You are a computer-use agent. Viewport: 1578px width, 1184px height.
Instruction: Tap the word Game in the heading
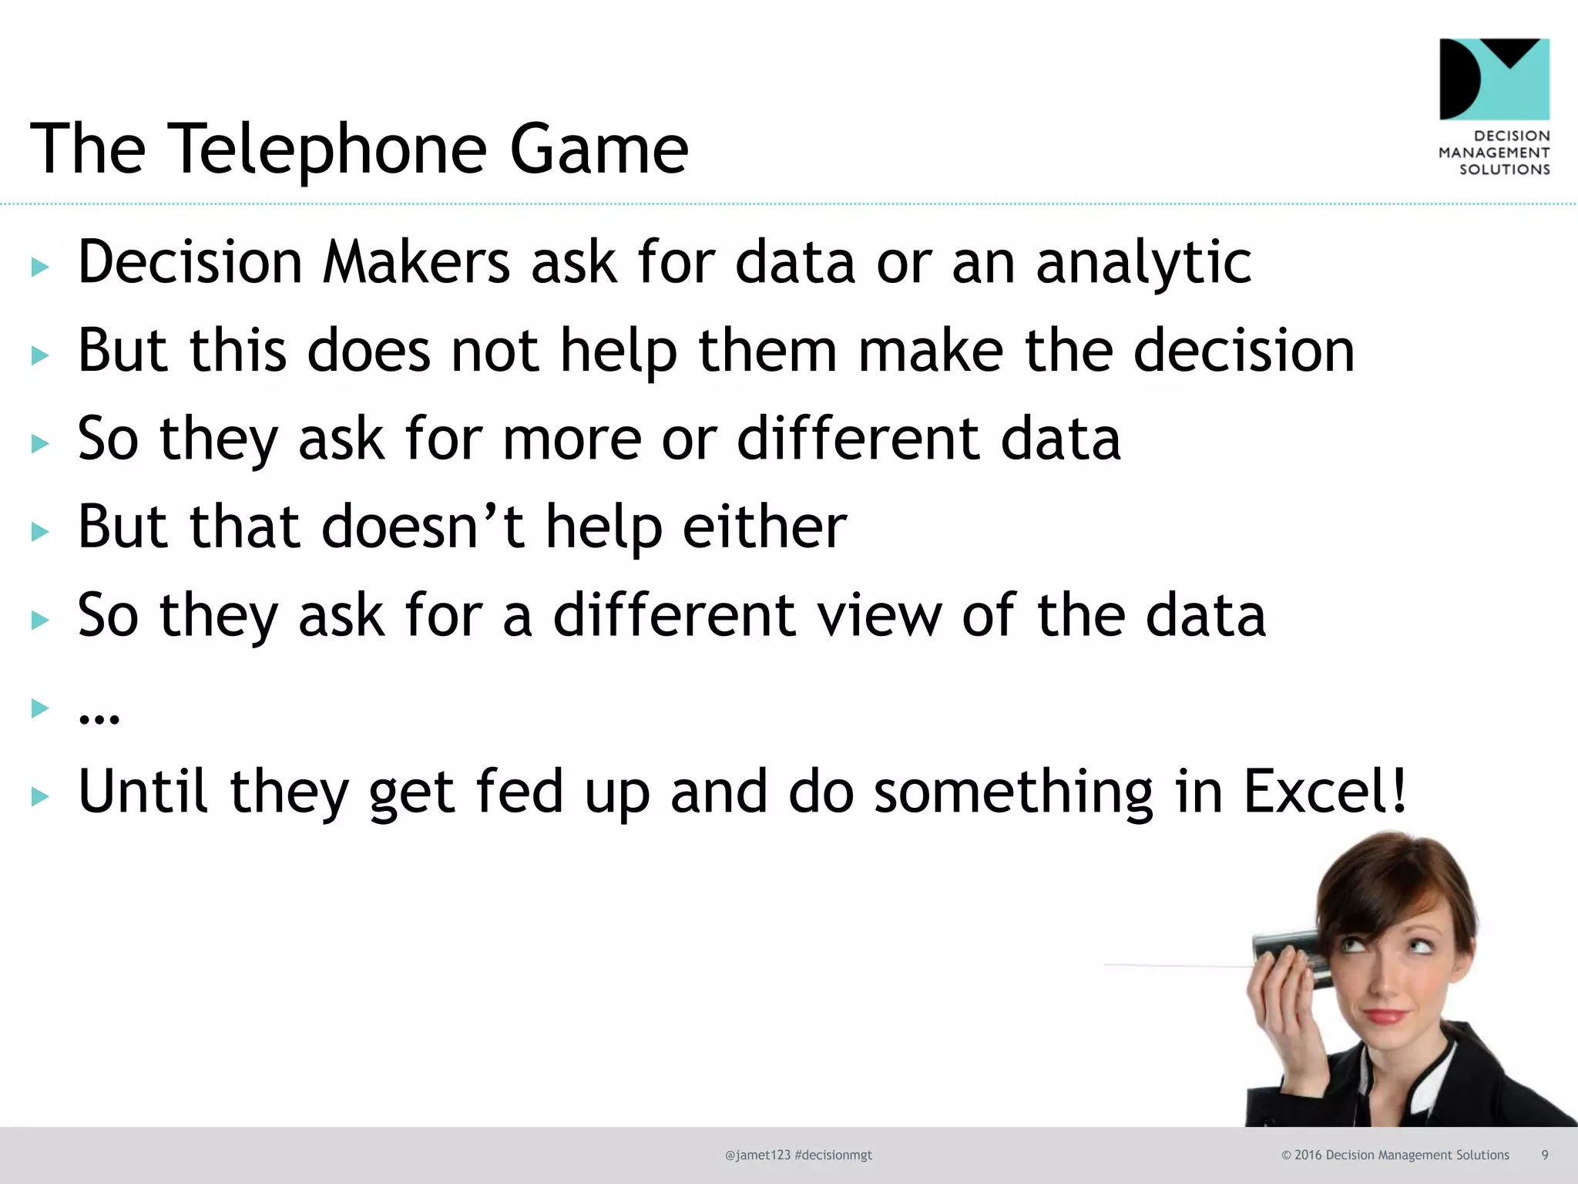coord(599,149)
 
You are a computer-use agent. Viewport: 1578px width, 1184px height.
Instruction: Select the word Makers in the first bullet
coord(416,263)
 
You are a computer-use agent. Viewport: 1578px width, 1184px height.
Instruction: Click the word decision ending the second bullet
coord(1244,351)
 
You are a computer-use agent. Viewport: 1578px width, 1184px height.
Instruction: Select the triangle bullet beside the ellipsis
coord(40,708)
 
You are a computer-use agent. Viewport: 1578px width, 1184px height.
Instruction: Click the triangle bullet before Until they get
coord(40,796)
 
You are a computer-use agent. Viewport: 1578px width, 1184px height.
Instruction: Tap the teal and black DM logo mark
coord(1494,79)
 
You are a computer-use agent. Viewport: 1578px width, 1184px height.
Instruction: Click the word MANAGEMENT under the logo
coord(1494,153)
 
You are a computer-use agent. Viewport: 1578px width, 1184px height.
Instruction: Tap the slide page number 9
coord(1544,1155)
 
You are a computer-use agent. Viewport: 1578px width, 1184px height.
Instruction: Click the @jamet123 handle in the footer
coord(757,1155)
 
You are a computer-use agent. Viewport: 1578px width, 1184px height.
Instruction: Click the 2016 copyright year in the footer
coord(1308,1155)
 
